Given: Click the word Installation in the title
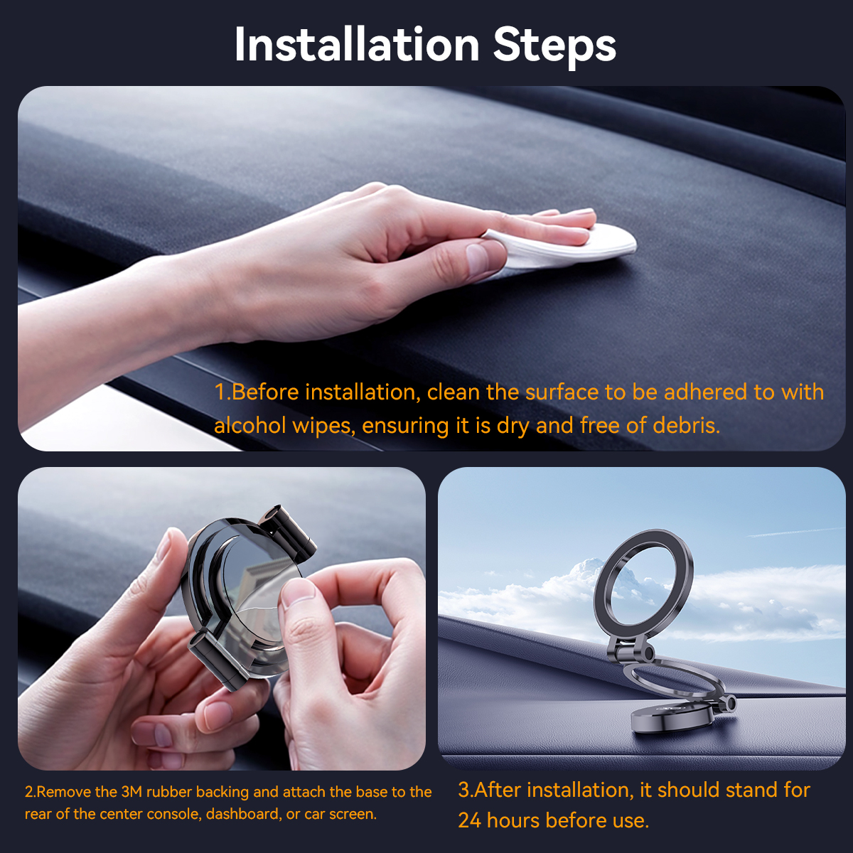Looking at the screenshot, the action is [x=357, y=44].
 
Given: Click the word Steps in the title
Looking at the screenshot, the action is [x=554, y=47].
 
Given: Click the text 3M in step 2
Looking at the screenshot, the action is [x=132, y=792].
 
